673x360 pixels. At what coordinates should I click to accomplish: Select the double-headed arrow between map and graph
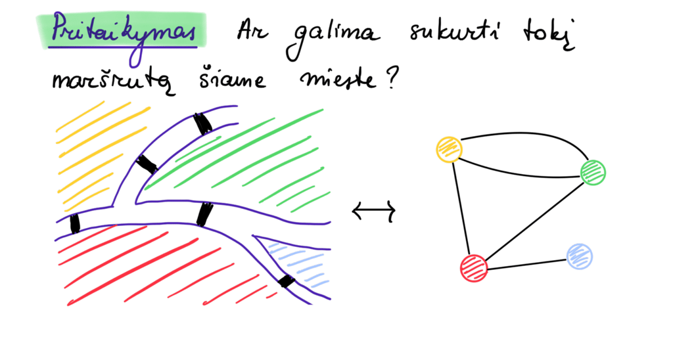pos(373,212)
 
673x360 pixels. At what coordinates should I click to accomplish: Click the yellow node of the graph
pos(450,150)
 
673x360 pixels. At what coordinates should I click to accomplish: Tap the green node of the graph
pos(593,172)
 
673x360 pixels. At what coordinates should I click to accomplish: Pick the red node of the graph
pos(474,268)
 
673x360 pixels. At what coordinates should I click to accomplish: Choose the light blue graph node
pos(579,256)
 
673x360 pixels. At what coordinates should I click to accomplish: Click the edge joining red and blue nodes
pos(526,263)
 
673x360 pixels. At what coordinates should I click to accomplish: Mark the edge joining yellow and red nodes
pos(461,209)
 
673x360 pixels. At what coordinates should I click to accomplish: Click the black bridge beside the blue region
pos(286,281)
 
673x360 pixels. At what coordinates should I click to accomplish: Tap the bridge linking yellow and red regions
pos(75,223)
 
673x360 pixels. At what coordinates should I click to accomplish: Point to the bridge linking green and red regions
pos(204,214)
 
